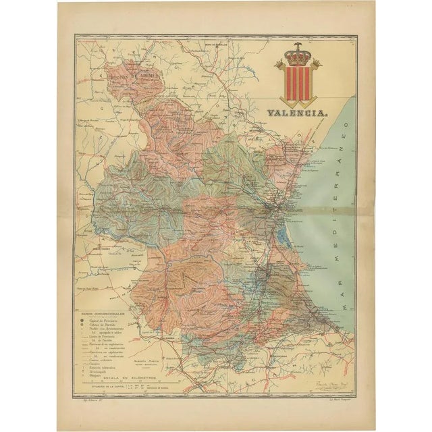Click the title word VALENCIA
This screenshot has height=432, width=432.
click(x=297, y=115)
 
